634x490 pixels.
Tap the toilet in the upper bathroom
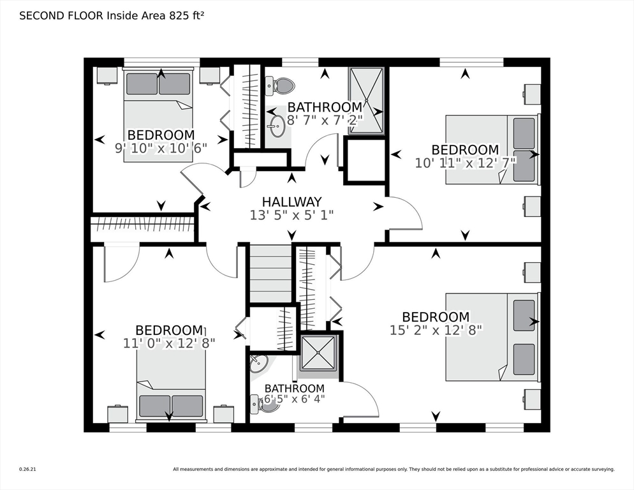(x=281, y=84)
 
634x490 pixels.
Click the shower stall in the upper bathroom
(x=366, y=101)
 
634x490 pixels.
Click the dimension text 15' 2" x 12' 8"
(x=436, y=330)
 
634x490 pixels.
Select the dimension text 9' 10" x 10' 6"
(x=161, y=149)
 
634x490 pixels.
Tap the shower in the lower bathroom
(x=318, y=352)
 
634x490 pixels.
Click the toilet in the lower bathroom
(x=262, y=403)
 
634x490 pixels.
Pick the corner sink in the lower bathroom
(x=259, y=364)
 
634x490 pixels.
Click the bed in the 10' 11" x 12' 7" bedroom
(x=492, y=149)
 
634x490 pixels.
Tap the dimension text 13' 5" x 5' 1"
(x=292, y=216)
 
